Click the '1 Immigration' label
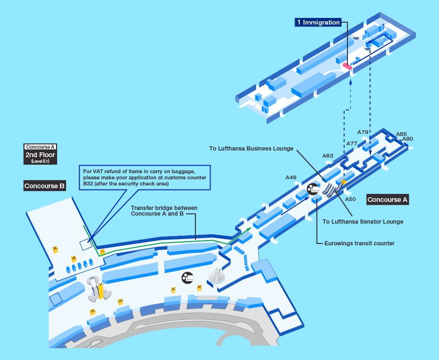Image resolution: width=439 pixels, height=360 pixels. (318, 22)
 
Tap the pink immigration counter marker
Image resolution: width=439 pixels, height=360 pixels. (347, 67)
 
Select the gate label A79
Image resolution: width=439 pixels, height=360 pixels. (363, 132)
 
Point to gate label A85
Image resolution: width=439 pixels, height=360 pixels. (401, 134)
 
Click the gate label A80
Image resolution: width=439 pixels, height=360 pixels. (408, 139)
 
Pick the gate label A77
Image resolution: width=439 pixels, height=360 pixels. (352, 143)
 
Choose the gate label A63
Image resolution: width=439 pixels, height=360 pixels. (328, 156)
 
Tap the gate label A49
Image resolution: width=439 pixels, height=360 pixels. (291, 177)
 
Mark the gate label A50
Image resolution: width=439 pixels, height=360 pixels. (350, 199)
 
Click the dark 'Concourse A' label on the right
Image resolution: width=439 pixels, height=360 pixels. (387, 200)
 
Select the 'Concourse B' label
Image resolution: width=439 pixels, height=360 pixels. (45, 186)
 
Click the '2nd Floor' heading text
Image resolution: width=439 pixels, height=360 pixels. (40, 155)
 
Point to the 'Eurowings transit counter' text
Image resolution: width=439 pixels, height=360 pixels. (359, 243)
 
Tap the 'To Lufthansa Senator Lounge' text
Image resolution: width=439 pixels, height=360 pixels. (363, 221)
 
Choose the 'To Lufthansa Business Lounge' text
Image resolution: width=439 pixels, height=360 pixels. (251, 149)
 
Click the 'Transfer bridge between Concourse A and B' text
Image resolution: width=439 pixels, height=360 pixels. (164, 211)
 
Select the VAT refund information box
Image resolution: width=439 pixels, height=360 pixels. (144, 177)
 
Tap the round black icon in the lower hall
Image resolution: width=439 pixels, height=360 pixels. (188, 277)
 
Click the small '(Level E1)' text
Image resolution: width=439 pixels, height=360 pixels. (40, 161)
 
